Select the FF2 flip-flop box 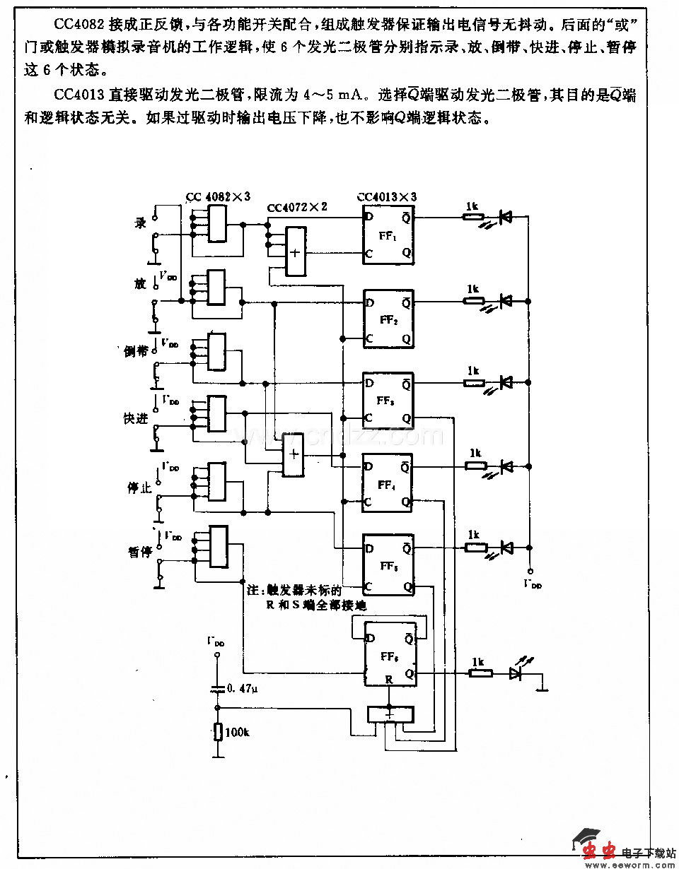pos(387,319)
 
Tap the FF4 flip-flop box pos(387,485)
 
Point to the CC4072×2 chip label pos(297,208)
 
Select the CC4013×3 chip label pos(386,197)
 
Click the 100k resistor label pos(238,732)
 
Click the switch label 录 pos(140,223)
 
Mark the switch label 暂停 pos(137,552)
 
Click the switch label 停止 pos(137,487)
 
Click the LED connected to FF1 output pos(505,217)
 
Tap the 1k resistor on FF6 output pos(481,673)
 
